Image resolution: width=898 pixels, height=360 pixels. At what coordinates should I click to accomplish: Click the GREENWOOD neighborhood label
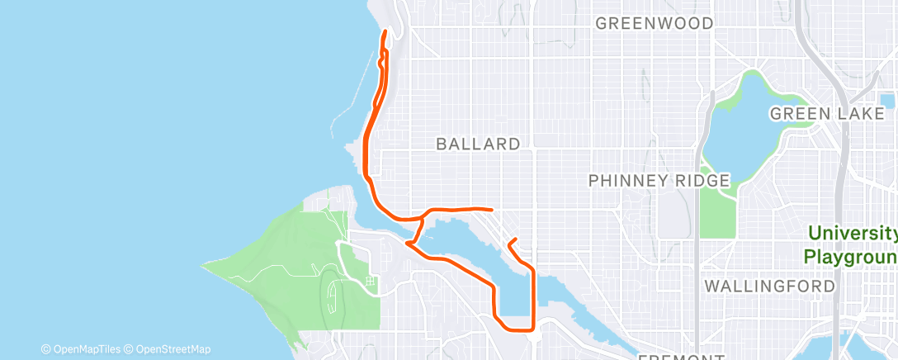click(655, 23)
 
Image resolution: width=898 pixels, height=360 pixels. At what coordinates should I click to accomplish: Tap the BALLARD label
click(478, 144)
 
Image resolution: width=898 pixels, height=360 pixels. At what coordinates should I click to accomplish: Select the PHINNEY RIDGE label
click(659, 180)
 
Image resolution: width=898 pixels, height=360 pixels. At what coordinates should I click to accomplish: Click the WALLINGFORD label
click(769, 287)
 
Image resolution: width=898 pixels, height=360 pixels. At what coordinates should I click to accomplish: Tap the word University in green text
click(851, 234)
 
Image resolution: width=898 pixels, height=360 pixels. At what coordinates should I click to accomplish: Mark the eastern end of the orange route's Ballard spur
click(492, 209)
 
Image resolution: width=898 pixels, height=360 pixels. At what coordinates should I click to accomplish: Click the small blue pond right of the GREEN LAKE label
click(888, 101)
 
